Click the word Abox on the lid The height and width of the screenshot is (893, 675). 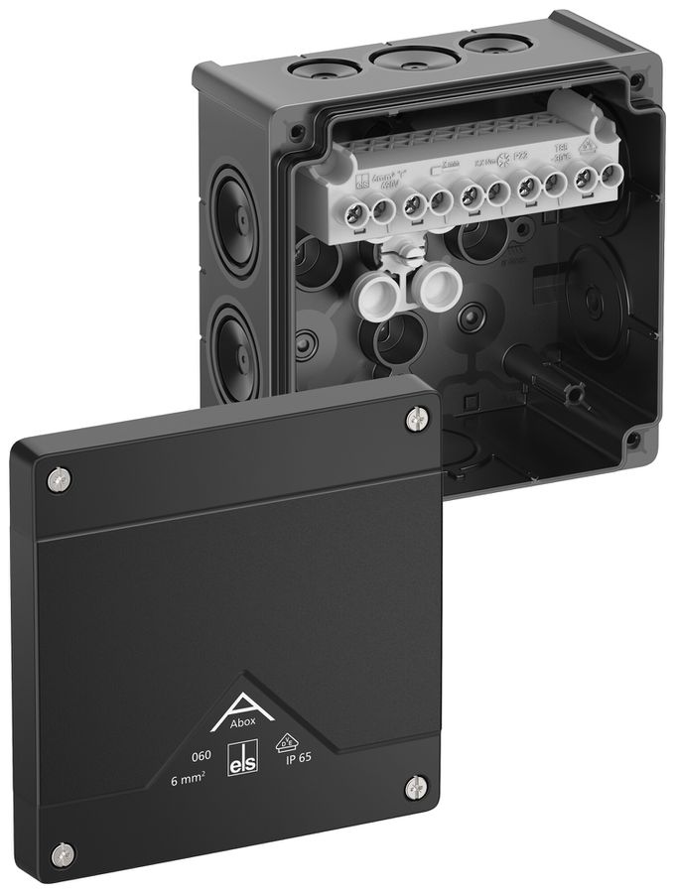pos(243,722)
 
